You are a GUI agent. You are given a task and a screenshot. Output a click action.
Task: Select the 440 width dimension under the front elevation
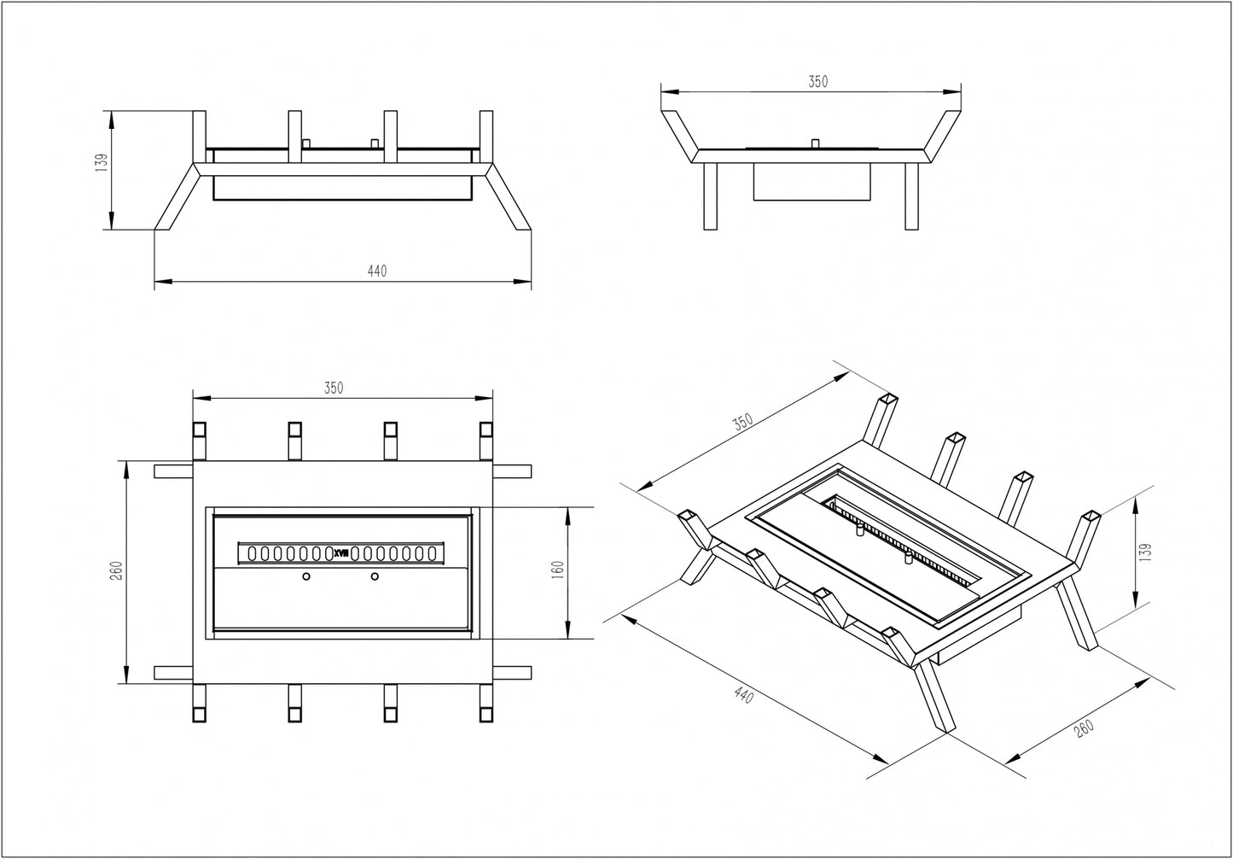pos(377,272)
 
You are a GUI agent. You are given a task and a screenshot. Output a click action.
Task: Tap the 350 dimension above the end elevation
pos(817,82)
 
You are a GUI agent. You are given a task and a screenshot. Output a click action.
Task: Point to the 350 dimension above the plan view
pos(334,388)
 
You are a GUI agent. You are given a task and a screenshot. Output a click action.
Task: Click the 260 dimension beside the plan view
pos(117,570)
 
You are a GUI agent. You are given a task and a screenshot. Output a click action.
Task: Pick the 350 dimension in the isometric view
pos(742,422)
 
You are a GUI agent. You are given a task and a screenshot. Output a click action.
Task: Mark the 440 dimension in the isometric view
pos(744,696)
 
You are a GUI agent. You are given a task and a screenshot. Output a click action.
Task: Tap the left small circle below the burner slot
pos(306,578)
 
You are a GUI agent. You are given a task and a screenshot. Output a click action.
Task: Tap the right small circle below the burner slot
pos(374,578)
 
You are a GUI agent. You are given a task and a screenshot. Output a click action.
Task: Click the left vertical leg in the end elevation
pos(710,196)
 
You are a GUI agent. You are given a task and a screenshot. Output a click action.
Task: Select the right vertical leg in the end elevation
pos(911,196)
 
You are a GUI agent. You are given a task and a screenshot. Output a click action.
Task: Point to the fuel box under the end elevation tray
pos(811,181)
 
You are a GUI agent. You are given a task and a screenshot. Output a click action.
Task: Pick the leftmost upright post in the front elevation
pos(200,137)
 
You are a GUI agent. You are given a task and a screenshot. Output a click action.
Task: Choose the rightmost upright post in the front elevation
pos(486,137)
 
